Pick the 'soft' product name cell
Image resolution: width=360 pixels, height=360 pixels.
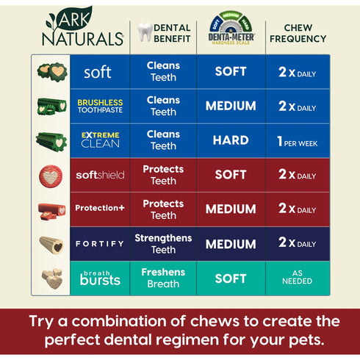coord(98,72)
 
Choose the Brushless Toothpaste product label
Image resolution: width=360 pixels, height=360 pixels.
coord(100,106)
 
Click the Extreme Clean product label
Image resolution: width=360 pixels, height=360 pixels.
coord(100,139)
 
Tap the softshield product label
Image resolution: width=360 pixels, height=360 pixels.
coord(100,175)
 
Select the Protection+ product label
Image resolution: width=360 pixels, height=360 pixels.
coord(100,209)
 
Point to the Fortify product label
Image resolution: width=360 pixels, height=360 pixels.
coord(100,243)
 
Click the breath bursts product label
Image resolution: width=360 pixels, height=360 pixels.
coord(100,278)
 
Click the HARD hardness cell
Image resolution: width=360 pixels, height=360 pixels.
coord(231,140)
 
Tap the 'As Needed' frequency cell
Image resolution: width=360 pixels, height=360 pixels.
coord(298,278)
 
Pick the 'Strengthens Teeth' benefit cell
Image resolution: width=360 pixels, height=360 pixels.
coord(163,244)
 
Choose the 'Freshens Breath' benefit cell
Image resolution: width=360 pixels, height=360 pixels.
coord(163,278)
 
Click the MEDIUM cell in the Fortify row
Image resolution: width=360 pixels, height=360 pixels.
coord(231,244)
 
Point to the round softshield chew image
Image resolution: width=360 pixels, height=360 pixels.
coord(51,175)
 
